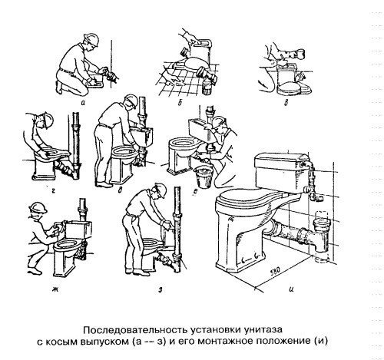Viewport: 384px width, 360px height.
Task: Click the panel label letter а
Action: [x=82, y=103]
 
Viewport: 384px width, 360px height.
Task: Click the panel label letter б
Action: [x=180, y=103]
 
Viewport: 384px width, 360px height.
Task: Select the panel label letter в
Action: [x=286, y=103]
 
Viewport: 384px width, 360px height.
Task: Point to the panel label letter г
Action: [x=53, y=190]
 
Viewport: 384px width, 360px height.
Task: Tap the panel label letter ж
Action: [x=54, y=290]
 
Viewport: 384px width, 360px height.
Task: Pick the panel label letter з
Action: [x=161, y=290]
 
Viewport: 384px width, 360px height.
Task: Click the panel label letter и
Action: [x=291, y=289]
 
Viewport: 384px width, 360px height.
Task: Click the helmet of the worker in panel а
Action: [x=91, y=39]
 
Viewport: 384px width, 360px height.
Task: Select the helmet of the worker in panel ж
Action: [x=38, y=207]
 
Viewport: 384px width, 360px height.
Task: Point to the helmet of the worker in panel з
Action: [x=159, y=190]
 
